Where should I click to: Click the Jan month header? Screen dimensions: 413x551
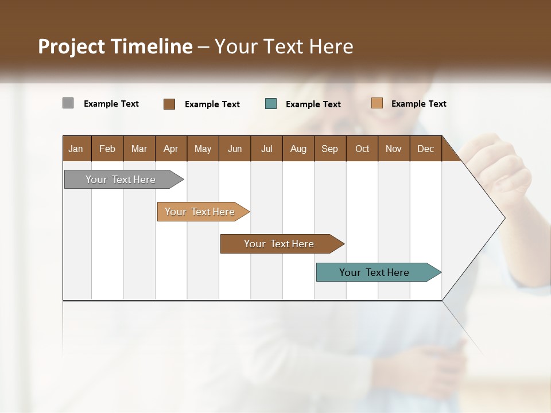76,149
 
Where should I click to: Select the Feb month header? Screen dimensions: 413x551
107,149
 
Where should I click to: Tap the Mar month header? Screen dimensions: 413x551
139,149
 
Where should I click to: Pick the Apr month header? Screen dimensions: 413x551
171,149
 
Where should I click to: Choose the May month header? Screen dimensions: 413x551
203,149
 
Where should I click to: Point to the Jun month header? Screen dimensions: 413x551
235,149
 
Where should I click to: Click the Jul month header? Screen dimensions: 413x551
266,149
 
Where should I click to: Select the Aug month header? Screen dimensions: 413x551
298,149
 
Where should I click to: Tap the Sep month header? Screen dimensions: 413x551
330,149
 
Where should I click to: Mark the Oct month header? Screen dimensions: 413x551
362,149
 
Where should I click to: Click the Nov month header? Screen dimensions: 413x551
394,149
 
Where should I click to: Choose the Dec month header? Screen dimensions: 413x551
426,149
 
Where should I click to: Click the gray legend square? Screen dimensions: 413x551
68,103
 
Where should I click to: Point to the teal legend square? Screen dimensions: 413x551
271,104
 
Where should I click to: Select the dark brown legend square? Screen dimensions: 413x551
169,104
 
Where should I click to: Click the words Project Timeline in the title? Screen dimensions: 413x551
115,46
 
